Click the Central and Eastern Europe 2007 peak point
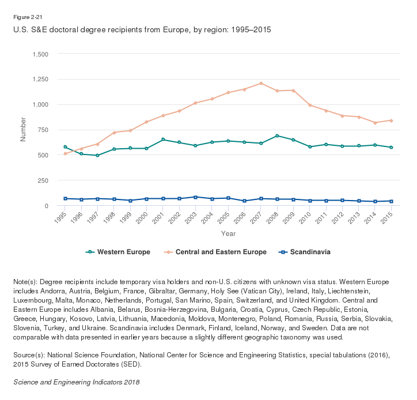tap(261, 83)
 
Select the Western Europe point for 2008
tap(277, 136)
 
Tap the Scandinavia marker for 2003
tap(196, 197)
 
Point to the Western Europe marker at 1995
tap(65, 147)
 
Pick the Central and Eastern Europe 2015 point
tap(392, 120)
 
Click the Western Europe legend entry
tap(118, 252)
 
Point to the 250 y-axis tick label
tap(43, 180)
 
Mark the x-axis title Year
tap(228, 233)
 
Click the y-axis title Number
tap(24, 130)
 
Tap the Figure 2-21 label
tap(28, 18)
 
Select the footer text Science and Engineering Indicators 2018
tap(76, 382)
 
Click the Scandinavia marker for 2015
tap(392, 201)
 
